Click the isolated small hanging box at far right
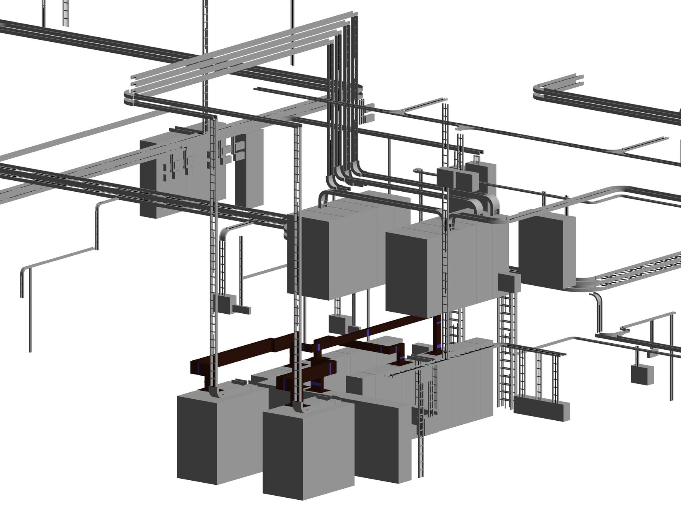click(x=642, y=374)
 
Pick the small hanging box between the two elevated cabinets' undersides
click(x=336, y=323)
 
